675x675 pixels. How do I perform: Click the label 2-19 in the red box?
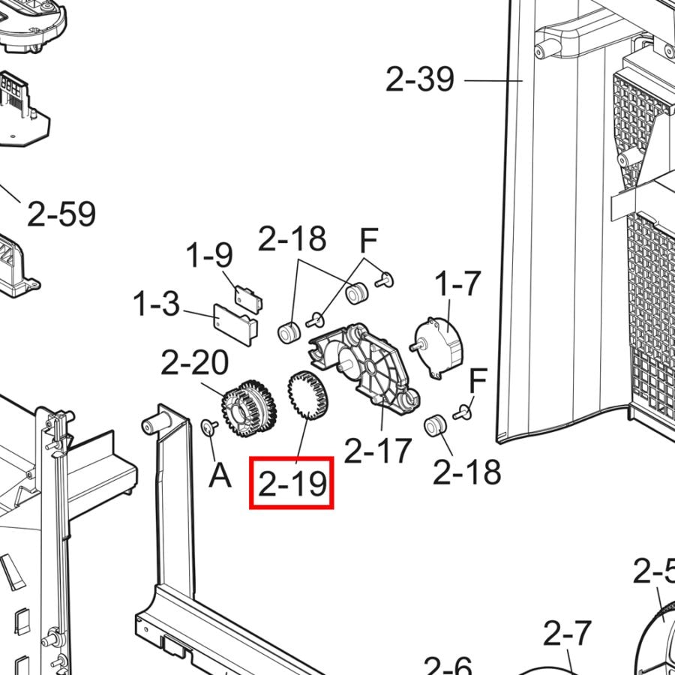[x=292, y=484]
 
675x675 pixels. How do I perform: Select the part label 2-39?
[x=420, y=79]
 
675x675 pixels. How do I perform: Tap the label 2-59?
[x=61, y=214]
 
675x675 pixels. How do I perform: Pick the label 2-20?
[x=195, y=364]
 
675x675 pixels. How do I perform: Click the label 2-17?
[x=378, y=451]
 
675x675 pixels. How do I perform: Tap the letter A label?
[x=219, y=475]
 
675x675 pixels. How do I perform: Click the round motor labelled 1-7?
[x=439, y=344]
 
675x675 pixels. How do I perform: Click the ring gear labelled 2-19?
[x=307, y=398]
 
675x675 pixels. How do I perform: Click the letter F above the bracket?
[x=367, y=241]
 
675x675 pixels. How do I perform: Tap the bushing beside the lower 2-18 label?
[x=434, y=427]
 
